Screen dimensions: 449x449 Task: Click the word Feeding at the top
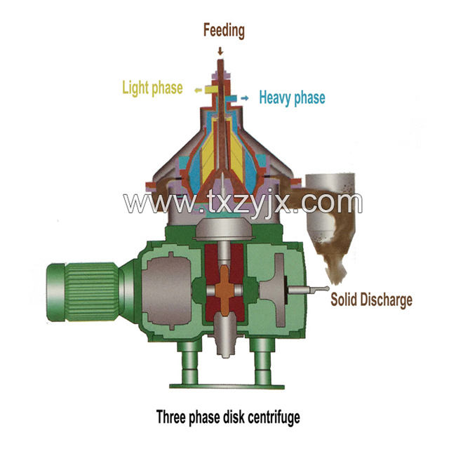point(224,31)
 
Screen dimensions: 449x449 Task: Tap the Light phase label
point(152,88)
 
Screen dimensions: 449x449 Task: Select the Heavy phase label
point(292,98)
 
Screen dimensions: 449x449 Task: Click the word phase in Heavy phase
point(309,98)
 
